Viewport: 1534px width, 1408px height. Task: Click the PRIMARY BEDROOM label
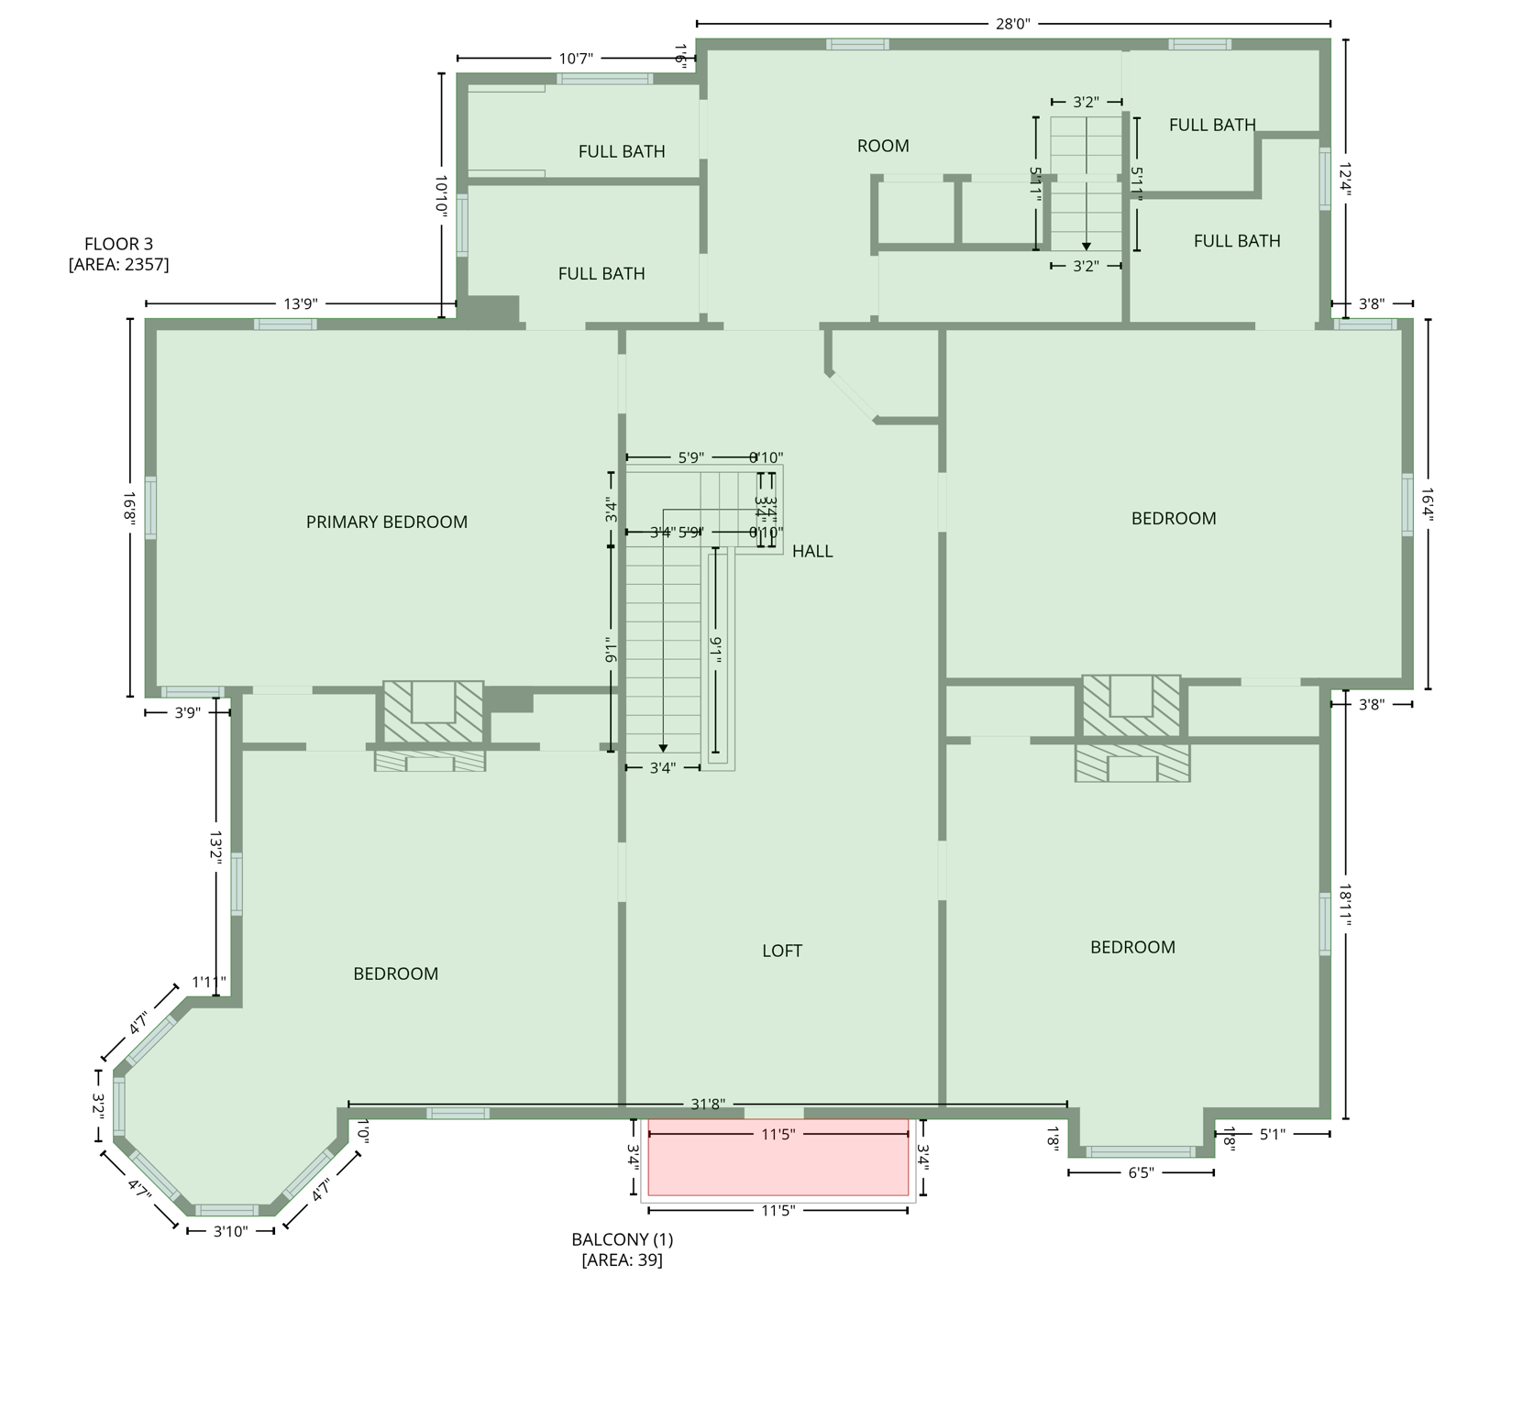click(386, 522)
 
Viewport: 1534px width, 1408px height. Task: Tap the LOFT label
click(781, 951)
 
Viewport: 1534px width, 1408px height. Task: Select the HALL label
click(812, 551)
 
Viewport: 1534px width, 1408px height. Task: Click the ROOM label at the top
click(883, 146)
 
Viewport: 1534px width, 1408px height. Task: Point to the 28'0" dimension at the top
click(1012, 24)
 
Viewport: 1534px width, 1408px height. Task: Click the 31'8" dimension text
click(708, 1105)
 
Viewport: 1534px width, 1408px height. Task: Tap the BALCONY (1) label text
click(622, 1239)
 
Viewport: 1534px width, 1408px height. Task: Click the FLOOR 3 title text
click(118, 244)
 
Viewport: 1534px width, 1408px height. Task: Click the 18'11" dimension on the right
click(1345, 905)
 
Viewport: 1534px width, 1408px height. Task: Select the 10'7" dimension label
click(576, 59)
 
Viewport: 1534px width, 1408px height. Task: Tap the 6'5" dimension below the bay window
click(1140, 1172)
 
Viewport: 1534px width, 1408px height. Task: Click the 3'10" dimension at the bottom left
click(230, 1231)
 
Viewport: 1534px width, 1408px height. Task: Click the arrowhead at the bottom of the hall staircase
click(663, 749)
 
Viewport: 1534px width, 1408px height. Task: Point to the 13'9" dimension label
click(300, 303)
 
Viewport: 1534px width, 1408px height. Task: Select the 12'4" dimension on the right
click(1345, 180)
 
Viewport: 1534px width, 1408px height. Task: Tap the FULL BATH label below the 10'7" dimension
click(621, 151)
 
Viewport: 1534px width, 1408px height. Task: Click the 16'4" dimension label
click(1428, 503)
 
